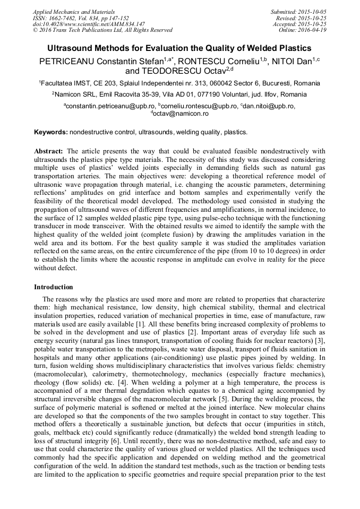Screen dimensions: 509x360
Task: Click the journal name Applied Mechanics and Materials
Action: [x=73, y=12]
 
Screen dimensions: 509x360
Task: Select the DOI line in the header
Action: [x=89, y=24]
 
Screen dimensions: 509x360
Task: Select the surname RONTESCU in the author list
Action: [x=206, y=61]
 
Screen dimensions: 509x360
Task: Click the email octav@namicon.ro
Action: [x=181, y=114]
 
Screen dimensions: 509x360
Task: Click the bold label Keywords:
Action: [x=51, y=132]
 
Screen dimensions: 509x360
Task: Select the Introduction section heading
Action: [x=54, y=287]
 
